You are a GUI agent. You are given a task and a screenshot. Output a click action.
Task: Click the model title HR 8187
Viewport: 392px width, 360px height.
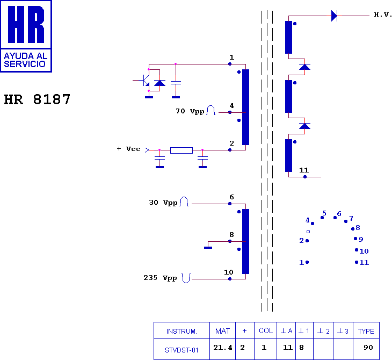[37, 99]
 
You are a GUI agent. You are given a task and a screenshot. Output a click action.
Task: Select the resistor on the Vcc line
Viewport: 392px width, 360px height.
[182, 150]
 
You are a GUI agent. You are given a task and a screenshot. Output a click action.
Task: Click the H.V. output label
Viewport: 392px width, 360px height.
[382, 15]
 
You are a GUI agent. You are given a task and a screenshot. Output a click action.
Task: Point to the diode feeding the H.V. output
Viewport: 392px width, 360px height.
[334, 16]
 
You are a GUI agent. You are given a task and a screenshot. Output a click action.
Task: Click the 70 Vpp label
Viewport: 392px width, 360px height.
[190, 111]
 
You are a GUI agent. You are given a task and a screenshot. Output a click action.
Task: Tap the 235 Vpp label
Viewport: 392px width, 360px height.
[160, 278]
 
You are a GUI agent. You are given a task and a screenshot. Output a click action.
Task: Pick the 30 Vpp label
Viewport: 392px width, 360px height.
[163, 203]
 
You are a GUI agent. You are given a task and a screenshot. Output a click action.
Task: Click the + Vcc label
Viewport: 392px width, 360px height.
[128, 149]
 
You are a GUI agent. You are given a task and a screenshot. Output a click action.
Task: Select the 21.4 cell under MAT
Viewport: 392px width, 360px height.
[222, 348]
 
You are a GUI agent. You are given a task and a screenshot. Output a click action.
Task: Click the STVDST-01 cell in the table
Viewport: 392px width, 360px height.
[182, 350]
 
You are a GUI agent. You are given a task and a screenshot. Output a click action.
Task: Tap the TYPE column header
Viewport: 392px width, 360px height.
[366, 331]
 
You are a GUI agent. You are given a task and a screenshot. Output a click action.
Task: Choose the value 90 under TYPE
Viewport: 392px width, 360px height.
[368, 348]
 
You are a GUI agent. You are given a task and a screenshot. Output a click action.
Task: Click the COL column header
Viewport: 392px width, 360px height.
[266, 331]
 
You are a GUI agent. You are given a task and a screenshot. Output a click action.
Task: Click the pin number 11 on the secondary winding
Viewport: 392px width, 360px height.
[304, 170]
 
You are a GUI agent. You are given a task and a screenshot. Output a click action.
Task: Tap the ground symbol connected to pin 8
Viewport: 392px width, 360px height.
[208, 248]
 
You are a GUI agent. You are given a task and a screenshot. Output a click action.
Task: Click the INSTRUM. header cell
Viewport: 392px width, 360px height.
[182, 331]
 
